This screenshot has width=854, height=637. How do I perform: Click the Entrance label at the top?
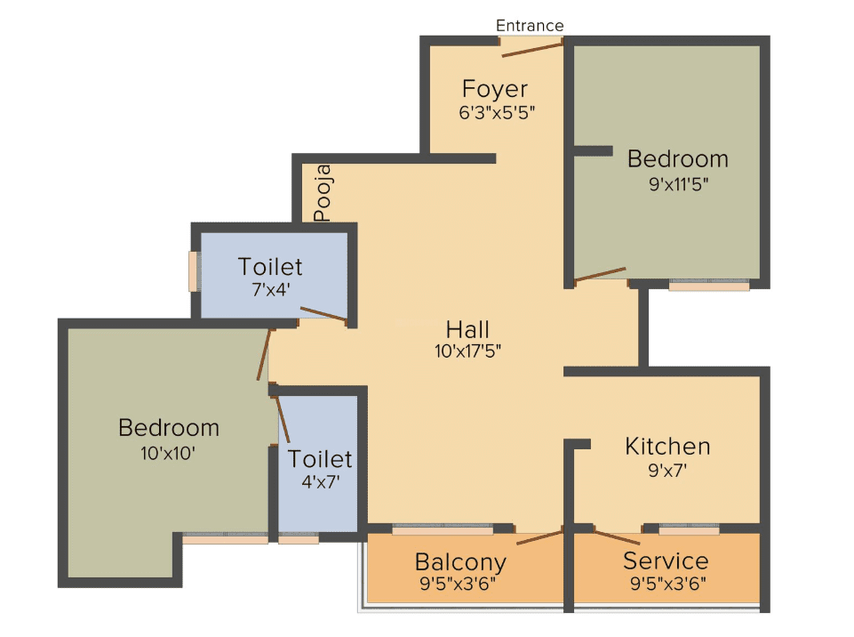pyautogui.click(x=530, y=26)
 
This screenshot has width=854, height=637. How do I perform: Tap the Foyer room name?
pyautogui.click(x=494, y=90)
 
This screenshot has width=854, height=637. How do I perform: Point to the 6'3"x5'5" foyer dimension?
pyautogui.click(x=497, y=113)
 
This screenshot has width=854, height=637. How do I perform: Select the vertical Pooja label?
pyautogui.click(x=323, y=192)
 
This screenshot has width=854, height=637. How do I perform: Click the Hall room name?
pyautogui.click(x=467, y=329)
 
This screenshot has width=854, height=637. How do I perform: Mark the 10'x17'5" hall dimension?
pyautogui.click(x=467, y=351)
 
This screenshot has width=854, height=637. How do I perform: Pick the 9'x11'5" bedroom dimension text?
pyautogui.click(x=678, y=184)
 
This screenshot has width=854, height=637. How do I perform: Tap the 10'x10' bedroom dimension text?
pyautogui.click(x=168, y=453)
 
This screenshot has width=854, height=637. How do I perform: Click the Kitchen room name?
pyautogui.click(x=667, y=447)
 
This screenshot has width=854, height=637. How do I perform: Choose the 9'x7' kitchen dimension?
pyautogui.click(x=667, y=470)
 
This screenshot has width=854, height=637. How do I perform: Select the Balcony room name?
pyautogui.click(x=460, y=562)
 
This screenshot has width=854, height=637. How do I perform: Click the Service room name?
pyautogui.click(x=666, y=560)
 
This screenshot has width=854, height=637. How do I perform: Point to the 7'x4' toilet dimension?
pyautogui.click(x=270, y=290)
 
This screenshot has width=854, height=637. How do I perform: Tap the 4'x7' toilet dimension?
pyautogui.click(x=321, y=481)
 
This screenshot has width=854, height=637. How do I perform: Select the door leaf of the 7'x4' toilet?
pyautogui.click(x=323, y=314)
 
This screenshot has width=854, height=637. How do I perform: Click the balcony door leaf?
pyautogui.click(x=539, y=537)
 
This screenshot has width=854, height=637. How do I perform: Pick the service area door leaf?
pyautogui.click(x=617, y=537)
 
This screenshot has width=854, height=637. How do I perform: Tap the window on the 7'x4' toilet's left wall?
pyautogui.click(x=193, y=271)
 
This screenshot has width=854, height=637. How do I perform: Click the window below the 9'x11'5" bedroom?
pyautogui.click(x=709, y=286)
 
